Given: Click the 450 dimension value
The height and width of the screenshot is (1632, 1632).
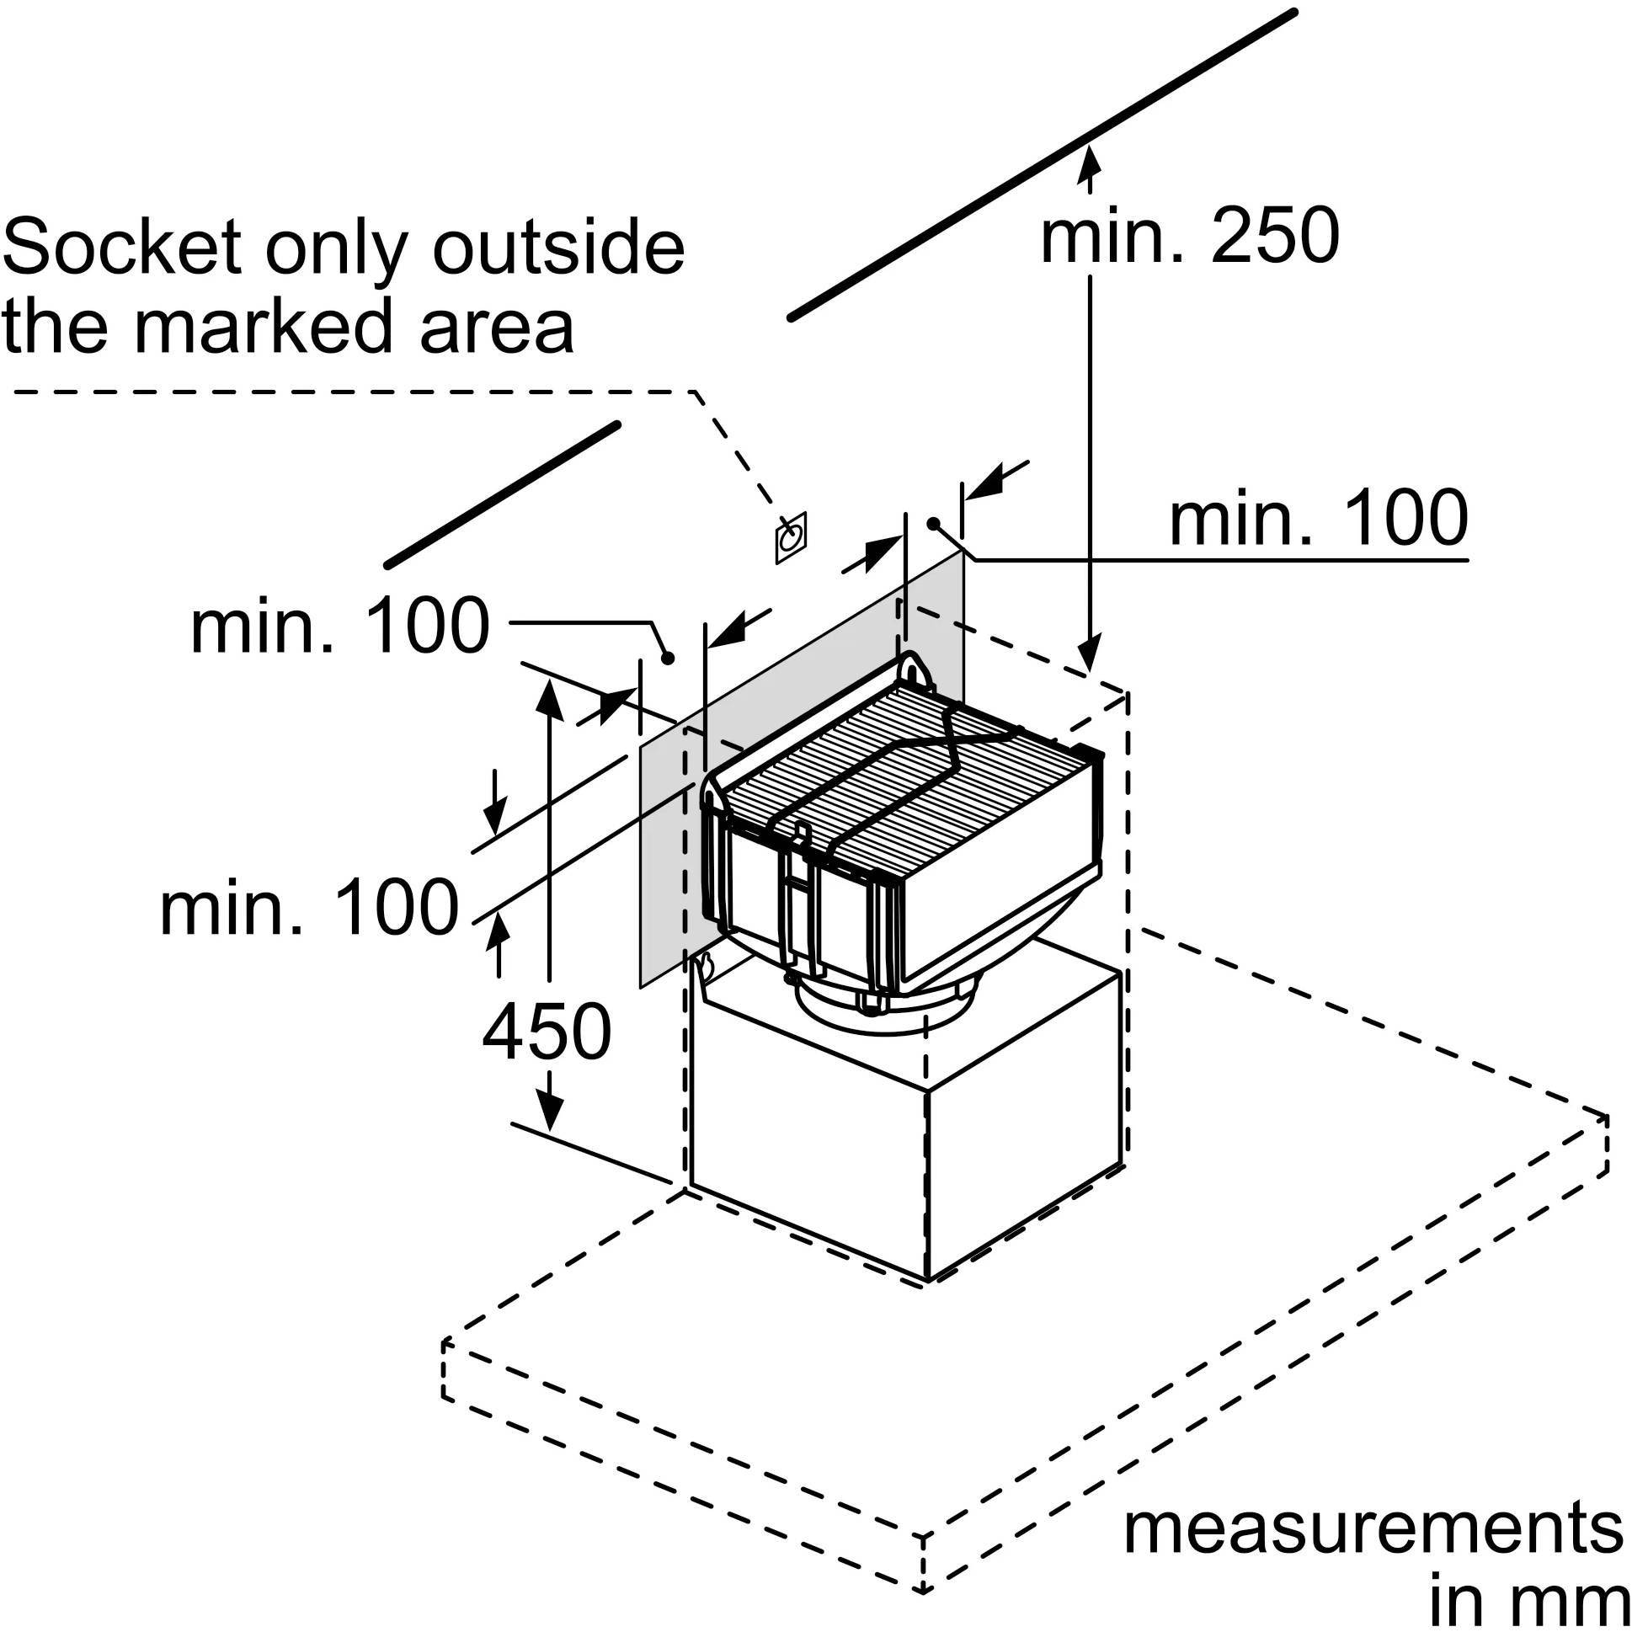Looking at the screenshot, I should pyautogui.click(x=547, y=1032).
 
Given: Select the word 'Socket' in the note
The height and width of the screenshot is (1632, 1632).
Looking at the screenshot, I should pyautogui.click(x=121, y=247).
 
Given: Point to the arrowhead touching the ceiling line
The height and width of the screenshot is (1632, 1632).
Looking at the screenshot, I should pyautogui.click(x=1091, y=161).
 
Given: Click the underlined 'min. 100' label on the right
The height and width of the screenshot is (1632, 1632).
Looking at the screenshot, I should pyautogui.click(x=1318, y=518).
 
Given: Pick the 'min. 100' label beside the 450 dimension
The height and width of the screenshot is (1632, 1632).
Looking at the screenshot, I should pyautogui.click(x=309, y=908).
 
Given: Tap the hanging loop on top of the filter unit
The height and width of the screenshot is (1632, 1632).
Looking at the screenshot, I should pyautogui.click(x=915, y=672).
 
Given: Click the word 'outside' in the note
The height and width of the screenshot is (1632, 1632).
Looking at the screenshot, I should pyautogui.click(x=558, y=247).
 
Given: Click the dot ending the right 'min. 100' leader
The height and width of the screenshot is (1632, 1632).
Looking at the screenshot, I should pyautogui.click(x=933, y=524).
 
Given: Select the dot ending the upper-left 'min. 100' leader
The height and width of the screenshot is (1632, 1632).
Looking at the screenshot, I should pyautogui.click(x=667, y=658).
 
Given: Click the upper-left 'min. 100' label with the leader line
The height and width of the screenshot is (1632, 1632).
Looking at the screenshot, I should pyautogui.click(x=339, y=626).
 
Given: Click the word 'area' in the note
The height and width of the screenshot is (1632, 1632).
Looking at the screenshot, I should pyautogui.click(x=497, y=326).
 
